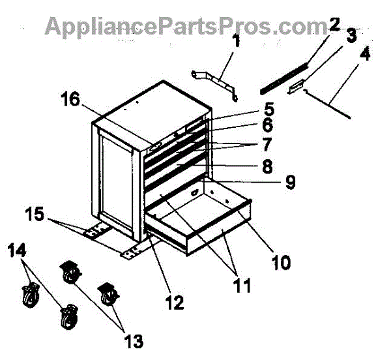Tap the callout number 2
pyautogui.click(x=334, y=25)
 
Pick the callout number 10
pyautogui.click(x=281, y=262)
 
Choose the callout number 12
pyautogui.click(x=174, y=302)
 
